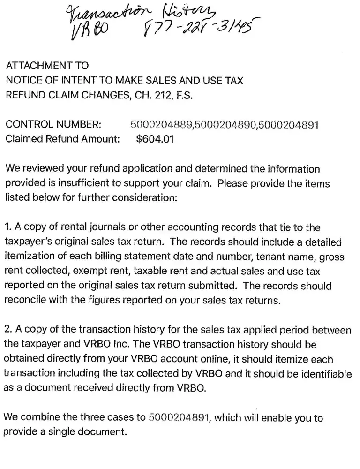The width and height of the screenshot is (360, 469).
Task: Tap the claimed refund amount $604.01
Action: pyautogui.click(x=154, y=139)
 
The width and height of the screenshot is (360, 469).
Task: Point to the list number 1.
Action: pyautogui.click(x=7, y=227)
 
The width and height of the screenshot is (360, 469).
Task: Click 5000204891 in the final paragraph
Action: pyautogui.click(x=179, y=418)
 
